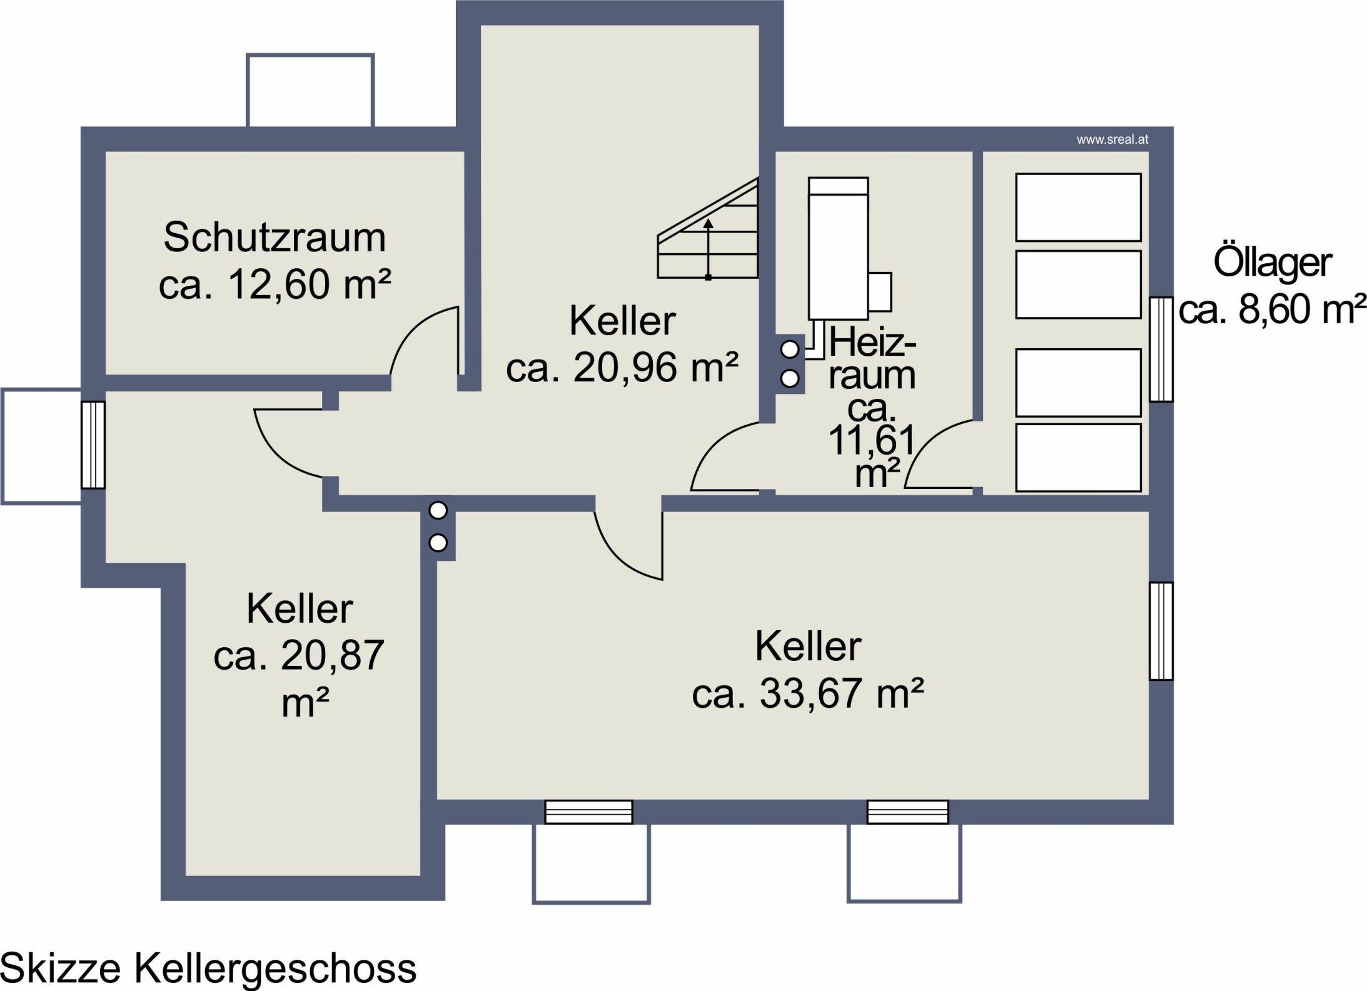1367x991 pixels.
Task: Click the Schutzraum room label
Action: click(x=275, y=238)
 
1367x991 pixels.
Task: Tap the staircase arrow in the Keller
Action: click(x=708, y=249)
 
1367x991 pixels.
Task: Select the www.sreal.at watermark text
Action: click(x=1112, y=140)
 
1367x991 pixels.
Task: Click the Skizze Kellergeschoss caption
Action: click(x=209, y=968)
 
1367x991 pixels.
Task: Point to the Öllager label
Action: click(x=1272, y=263)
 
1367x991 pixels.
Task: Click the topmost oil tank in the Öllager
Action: click(x=1078, y=207)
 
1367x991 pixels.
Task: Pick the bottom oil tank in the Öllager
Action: click(x=1078, y=458)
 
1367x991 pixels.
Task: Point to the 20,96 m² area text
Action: click(x=622, y=368)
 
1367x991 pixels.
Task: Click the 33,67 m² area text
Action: click(x=808, y=693)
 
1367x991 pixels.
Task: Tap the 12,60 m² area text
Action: click(x=275, y=284)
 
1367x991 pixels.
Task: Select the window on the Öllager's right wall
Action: click(x=1161, y=348)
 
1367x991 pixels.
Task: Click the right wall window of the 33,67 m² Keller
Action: click(x=1161, y=631)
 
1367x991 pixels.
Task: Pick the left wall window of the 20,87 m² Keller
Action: click(x=93, y=445)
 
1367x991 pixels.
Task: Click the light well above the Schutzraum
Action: click(x=310, y=91)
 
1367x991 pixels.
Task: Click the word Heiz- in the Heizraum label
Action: click(x=873, y=343)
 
